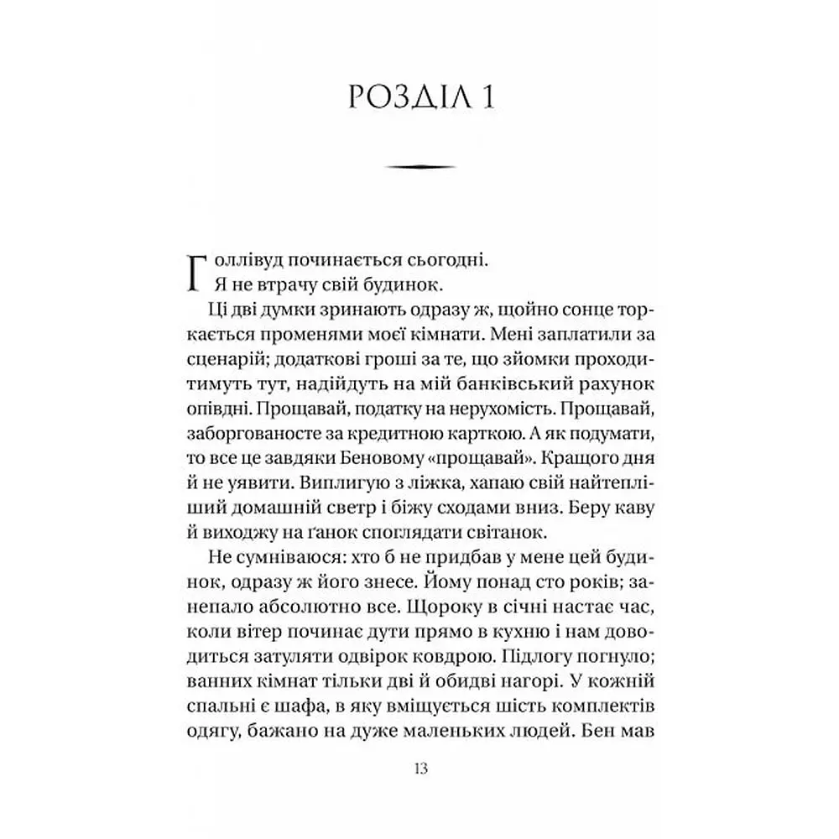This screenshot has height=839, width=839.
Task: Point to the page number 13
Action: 419,769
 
